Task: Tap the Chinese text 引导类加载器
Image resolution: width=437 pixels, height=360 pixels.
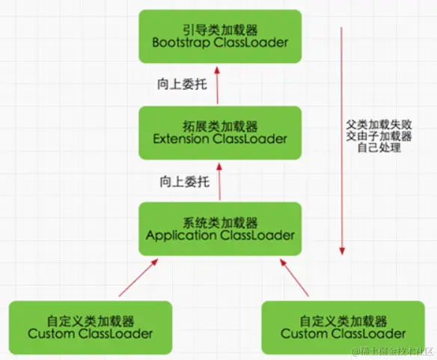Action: (x=220, y=28)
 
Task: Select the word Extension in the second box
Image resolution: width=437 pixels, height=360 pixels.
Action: (x=183, y=139)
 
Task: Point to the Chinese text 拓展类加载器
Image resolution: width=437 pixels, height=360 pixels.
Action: (x=220, y=125)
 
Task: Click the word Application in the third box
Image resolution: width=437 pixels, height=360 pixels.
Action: (x=180, y=235)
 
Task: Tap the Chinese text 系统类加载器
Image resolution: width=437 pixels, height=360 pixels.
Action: (x=220, y=222)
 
